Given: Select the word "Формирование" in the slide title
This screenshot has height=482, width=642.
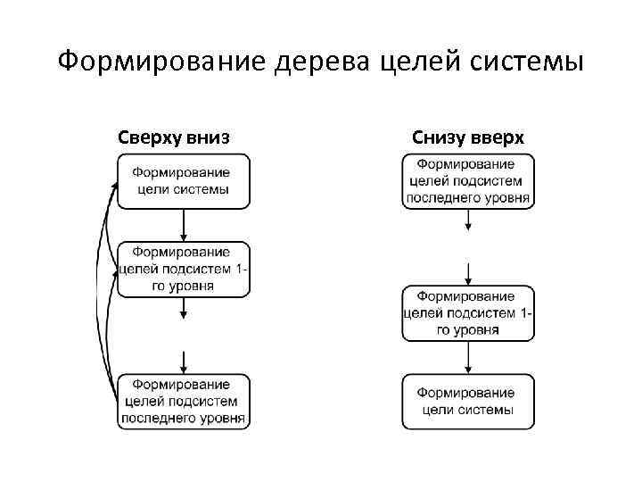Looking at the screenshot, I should click(x=152, y=62).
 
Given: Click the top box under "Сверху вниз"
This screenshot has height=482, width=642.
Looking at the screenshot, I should click(x=184, y=181).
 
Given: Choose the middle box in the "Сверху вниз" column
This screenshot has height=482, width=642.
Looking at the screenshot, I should click(x=184, y=270).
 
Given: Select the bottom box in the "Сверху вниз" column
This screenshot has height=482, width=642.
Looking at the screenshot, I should click(x=184, y=402).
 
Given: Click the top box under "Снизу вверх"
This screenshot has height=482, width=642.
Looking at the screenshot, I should click(x=468, y=181).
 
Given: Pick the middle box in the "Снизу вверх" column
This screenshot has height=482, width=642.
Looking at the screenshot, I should click(x=468, y=313).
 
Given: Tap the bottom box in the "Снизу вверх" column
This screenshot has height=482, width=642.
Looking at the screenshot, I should click(x=468, y=402).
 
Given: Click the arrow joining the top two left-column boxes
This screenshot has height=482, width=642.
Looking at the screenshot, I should click(x=184, y=225).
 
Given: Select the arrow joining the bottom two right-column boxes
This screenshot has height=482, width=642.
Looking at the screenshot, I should click(x=468, y=357).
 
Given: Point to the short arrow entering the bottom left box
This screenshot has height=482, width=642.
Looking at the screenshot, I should click(x=184, y=362).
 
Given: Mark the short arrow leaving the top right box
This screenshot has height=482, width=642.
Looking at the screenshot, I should click(x=468, y=220).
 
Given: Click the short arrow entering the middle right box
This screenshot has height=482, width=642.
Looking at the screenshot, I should click(x=468, y=273).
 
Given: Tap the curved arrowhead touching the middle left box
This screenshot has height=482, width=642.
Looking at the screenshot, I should click(x=114, y=269).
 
